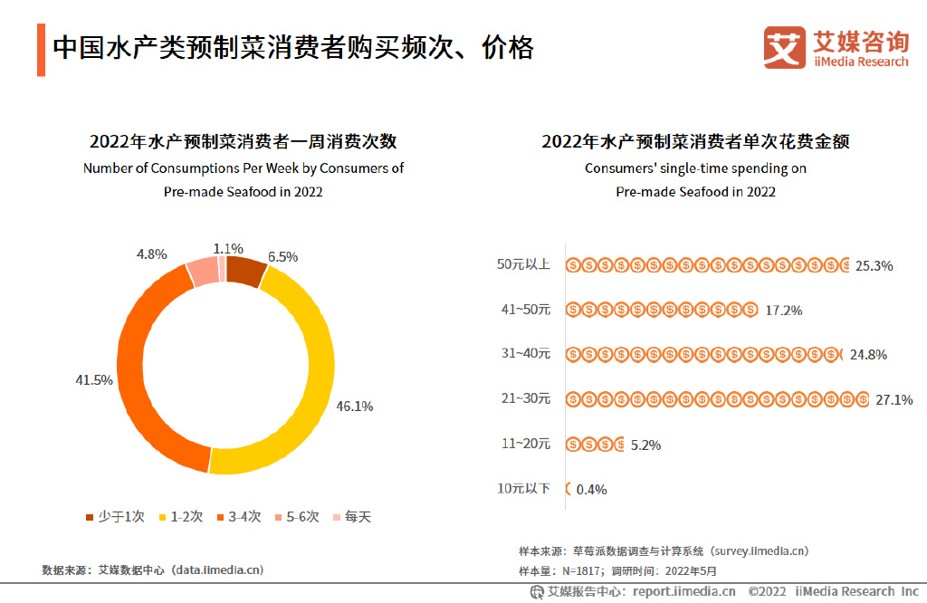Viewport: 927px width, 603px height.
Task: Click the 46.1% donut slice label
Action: pyautogui.click(x=355, y=406)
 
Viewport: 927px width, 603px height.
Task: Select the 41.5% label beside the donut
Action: pyautogui.click(x=93, y=379)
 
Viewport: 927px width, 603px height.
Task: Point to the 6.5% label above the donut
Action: pyautogui.click(x=282, y=256)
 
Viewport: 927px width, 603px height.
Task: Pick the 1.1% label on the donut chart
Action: pyautogui.click(x=228, y=248)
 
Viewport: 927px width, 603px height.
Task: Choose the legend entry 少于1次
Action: pyautogui.click(x=115, y=517)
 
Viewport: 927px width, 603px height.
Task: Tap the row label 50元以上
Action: pyautogui.click(x=523, y=264)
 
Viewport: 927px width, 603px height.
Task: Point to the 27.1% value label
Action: pyautogui.click(x=894, y=399)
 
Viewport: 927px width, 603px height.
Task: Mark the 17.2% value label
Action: pyautogui.click(x=784, y=310)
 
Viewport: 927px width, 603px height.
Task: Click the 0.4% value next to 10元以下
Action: pyautogui.click(x=591, y=489)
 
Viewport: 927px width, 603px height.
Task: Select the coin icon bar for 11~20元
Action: pyautogui.click(x=595, y=444)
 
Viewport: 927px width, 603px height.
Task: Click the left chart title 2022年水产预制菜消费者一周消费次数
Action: pyautogui.click(x=243, y=141)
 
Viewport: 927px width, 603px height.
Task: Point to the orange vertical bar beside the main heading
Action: pyautogui.click(x=41, y=50)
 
